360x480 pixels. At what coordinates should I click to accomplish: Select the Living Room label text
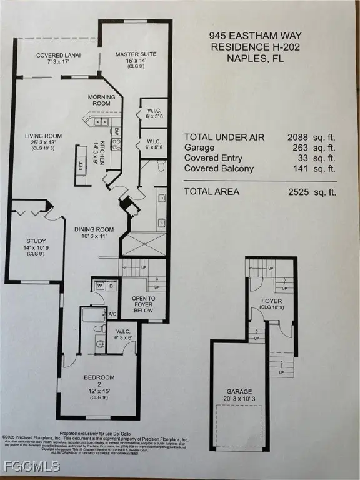pos(43,136)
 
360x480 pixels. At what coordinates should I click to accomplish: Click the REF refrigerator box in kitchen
pos(81,166)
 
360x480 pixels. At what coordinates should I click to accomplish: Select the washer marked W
pos(99,286)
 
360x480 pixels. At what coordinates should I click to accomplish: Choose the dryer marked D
pos(111,286)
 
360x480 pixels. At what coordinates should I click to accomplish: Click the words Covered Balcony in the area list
pos(219,169)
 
